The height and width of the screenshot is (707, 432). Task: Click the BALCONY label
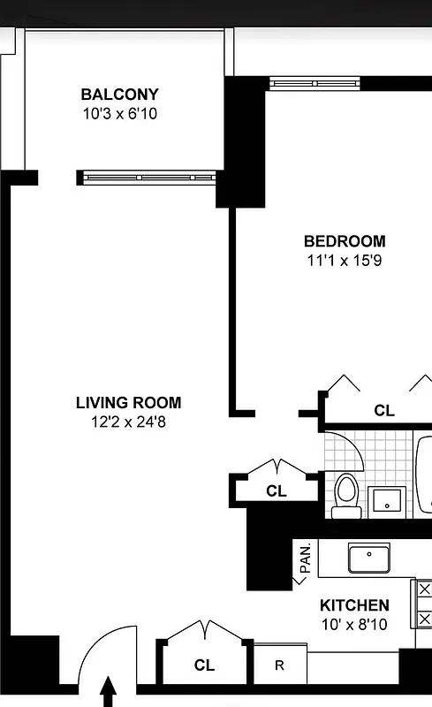[120, 95]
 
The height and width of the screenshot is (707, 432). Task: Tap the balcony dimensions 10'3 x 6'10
[120, 113]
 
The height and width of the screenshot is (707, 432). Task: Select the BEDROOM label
[345, 241]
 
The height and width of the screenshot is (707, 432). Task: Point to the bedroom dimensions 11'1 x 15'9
[345, 260]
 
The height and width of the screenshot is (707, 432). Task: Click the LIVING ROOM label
[128, 403]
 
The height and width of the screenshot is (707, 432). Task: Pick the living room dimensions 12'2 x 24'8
[128, 422]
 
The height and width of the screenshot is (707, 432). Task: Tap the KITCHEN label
[353, 605]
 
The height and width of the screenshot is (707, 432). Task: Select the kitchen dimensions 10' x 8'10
[353, 624]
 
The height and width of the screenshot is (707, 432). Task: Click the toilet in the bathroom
[345, 496]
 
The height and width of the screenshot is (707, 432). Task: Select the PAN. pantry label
[305, 559]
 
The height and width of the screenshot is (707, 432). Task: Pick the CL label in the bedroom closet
[383, 411]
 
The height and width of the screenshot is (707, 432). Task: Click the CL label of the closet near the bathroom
[277, 491]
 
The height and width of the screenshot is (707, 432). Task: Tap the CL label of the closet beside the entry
[204, 665]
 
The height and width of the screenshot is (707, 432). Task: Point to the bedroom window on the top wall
[315, 83]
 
